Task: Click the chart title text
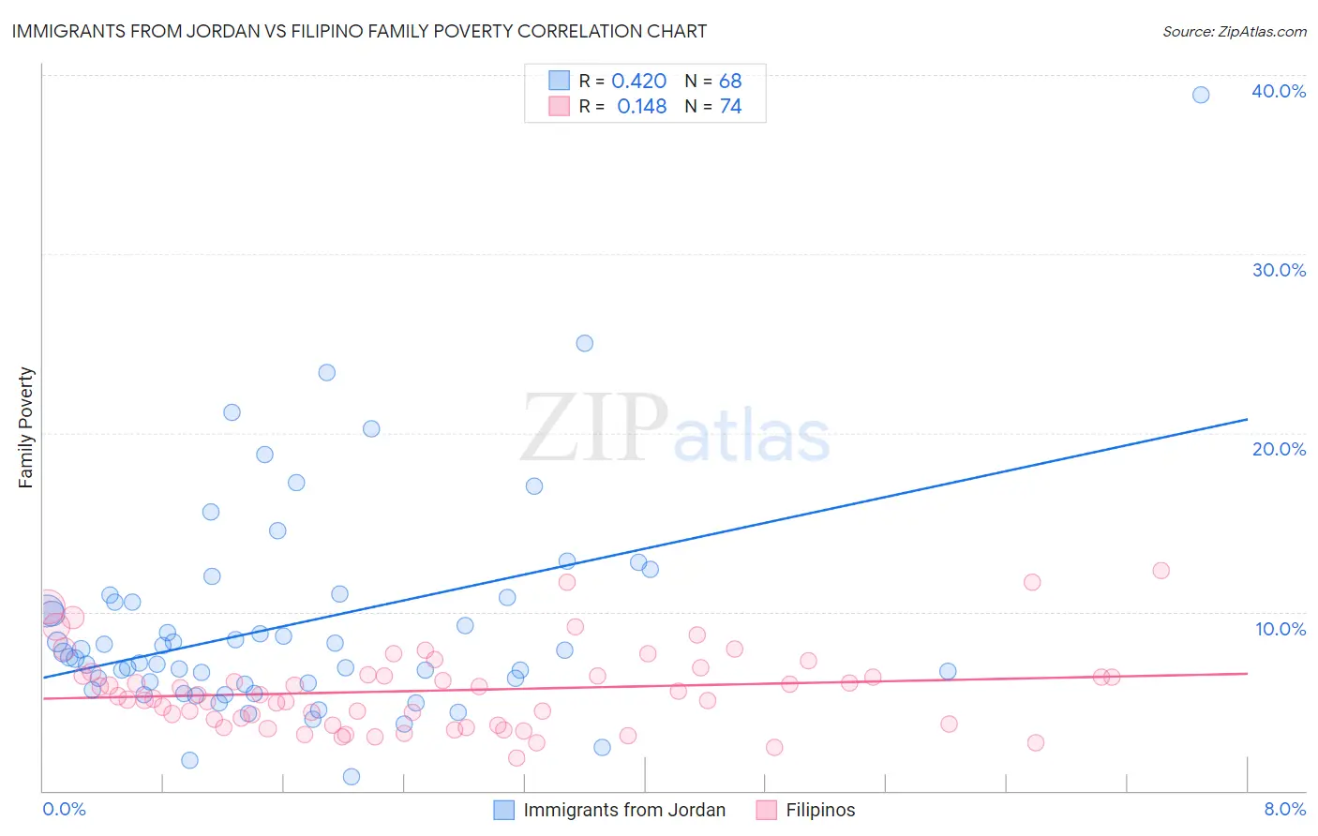click(x=358, y=31)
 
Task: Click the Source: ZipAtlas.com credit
click(x=1234, y=31)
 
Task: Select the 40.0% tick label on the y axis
click(x=1279, y=91)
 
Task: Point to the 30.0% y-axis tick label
click(x=1279, y=270)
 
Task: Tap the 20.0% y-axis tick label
click(x=1279, y=449)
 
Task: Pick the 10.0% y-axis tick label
click(x=1279, y=629)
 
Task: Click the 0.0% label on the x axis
click(x=64, y=809)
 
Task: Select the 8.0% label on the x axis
click(x=1284, y=809)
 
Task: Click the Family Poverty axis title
click(x=26, y=427)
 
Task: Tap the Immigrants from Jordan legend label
click(x=624, y=810)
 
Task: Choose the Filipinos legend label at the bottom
click(x=820, y=810)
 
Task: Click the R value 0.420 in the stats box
click(x=638, y=82)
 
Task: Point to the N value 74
click(x=730, y=107)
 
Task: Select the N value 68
click(x=730, y=82)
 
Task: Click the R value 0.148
click(x=641, y=107)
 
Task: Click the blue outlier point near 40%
click(x=1201, y=95)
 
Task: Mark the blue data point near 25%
click(x=584, y=343)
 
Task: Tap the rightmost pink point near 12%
click(x=1161, y=571)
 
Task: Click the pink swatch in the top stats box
click(x=559, y=106)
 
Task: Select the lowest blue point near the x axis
click(x=352, y=776)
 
